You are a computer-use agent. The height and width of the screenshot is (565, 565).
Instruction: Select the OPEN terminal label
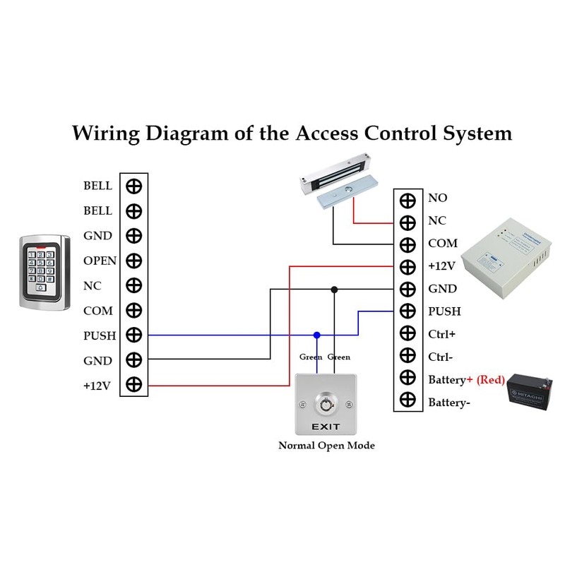100,261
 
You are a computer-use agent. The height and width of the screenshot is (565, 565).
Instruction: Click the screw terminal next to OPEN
133,261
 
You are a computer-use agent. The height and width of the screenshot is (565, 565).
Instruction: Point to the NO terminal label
437,198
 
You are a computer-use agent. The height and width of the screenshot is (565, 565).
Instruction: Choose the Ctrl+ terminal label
441,333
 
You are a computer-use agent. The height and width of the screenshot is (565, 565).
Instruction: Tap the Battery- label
449,403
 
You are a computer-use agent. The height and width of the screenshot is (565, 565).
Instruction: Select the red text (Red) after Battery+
490,380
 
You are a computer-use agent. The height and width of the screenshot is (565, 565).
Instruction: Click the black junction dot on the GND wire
334,289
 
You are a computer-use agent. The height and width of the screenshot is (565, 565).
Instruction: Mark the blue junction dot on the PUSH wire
317,335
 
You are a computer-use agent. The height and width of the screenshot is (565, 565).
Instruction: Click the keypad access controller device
44,273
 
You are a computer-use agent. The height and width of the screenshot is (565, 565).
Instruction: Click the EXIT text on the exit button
326,427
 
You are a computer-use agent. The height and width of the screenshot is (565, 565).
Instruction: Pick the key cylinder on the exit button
326,405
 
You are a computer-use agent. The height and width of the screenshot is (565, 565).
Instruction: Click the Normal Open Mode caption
326,446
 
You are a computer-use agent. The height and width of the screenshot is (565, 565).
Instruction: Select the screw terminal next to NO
408,199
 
